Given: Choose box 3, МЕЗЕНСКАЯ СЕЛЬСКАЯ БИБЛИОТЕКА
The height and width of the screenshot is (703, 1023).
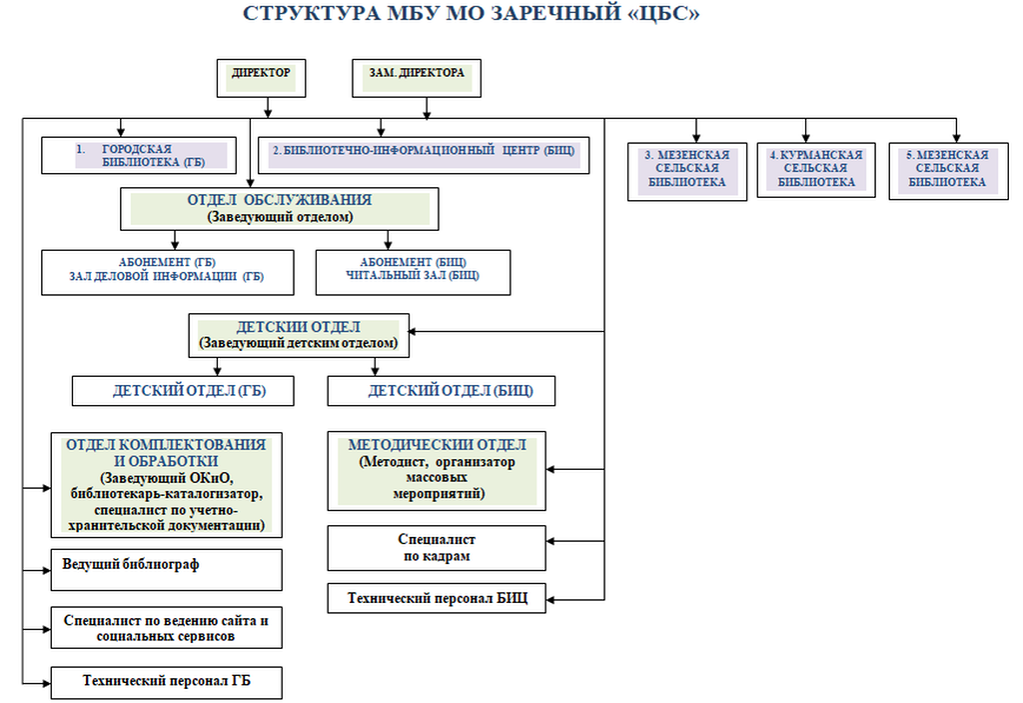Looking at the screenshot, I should pyautogui.click(x=686, y=170).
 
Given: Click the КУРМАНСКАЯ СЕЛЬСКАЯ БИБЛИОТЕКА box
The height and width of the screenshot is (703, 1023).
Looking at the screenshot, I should pyautogui.click(x=815, y=170).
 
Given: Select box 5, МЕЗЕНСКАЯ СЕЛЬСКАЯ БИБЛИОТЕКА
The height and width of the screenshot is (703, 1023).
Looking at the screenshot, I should pyautogui.click(x=947, y=170).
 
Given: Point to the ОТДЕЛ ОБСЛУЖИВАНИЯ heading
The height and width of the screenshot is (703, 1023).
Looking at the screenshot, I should pyautogui.click(x=280, y=200).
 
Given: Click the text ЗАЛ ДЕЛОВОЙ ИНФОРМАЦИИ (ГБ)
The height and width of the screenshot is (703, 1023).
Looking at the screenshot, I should pyautogui.click(x=168, y=277).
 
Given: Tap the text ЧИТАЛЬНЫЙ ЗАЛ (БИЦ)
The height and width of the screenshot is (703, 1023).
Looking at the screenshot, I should pyautogui.click(x=413, y=276).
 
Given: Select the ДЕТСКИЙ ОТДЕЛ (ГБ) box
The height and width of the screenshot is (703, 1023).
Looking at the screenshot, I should pyautogui.click(x=182, y=391).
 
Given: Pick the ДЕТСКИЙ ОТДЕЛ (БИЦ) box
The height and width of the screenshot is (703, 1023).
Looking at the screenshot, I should pyautogui.click(x=441, y=391).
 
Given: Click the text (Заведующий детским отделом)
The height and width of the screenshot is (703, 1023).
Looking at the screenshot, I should pyautogui.click(x=298, y=343).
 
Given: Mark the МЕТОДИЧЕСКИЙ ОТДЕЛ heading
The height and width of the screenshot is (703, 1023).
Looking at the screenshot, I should pyautogui.click(x=438, y=445).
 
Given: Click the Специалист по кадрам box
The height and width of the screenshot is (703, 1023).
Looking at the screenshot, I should pyautogui.click(x=437, y=548).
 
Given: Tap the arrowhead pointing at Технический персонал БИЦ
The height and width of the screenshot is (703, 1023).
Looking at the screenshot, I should pyautogui.click(x=551, y=600).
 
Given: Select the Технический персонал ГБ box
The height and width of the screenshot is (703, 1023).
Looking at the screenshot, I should pyautogui.click(x=166, y=682).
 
